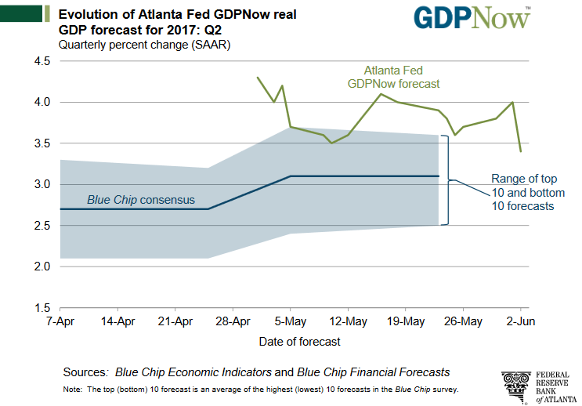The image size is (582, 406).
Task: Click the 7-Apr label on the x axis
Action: pos(60,321)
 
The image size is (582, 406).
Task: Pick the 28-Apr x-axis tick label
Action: pos(233,321)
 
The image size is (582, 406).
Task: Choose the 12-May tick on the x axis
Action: pos(348,321)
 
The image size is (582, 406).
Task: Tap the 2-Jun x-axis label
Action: pos(520,321)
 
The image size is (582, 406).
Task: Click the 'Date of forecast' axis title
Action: pos(300,342)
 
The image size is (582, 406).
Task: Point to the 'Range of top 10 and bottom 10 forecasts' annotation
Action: pos(522,192)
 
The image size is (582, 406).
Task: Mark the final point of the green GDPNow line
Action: pos(521,151)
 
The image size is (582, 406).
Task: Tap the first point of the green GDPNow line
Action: pos(258,78)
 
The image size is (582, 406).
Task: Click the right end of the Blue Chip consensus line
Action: pos(438,176)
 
